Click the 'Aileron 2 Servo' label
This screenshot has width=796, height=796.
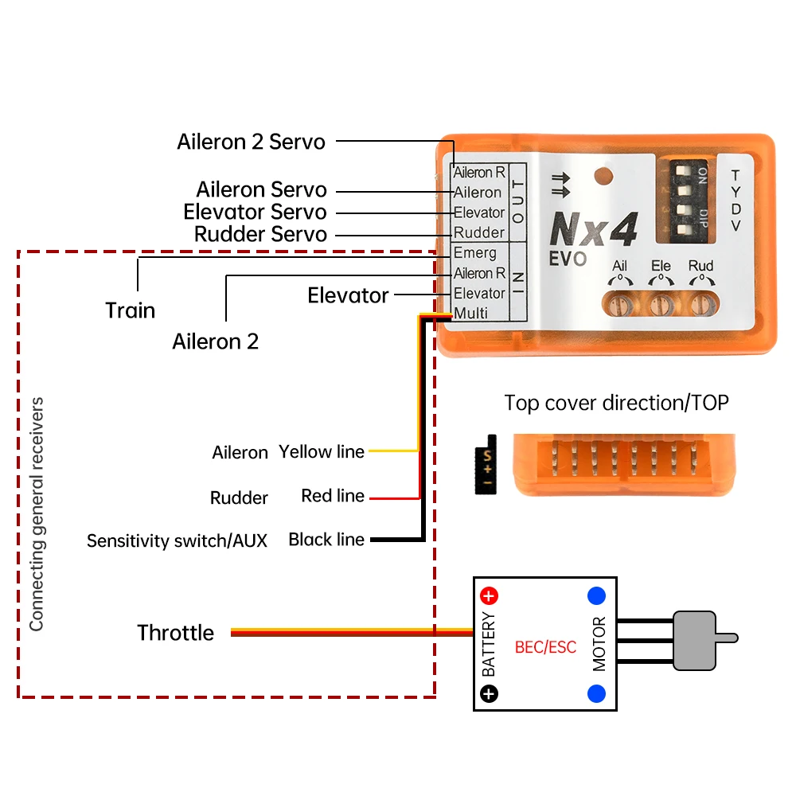(x=251, y=142)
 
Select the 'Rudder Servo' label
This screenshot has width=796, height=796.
(x=260, y=234)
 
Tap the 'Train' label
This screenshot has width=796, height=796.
(x=130, y=310)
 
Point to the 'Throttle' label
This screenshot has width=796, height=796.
(x=176, y=633)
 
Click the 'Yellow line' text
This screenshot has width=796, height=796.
(x=322, y=451)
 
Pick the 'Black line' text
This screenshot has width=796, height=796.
(x=326, y=539)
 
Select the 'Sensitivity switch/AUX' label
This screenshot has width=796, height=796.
(x=177, y=540)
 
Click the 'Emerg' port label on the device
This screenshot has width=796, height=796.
(x=474, y=252)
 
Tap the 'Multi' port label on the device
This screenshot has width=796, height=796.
(x=470, y=313)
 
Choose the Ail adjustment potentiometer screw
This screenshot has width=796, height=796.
(x=620, y=305)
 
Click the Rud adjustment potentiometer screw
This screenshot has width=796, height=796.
(x=701, y=305)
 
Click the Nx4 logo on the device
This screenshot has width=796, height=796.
(x=594, y=228)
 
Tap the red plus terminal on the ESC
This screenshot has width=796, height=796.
(x=489, y=595)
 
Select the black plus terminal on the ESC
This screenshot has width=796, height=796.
(x=489, y=693)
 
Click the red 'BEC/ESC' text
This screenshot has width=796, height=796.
(x=545, y=646)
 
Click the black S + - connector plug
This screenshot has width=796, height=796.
(x=486, y=465)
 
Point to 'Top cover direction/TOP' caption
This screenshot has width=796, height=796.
(x=616, y=403)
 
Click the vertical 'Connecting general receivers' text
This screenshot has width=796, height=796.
(x=37, y=513)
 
